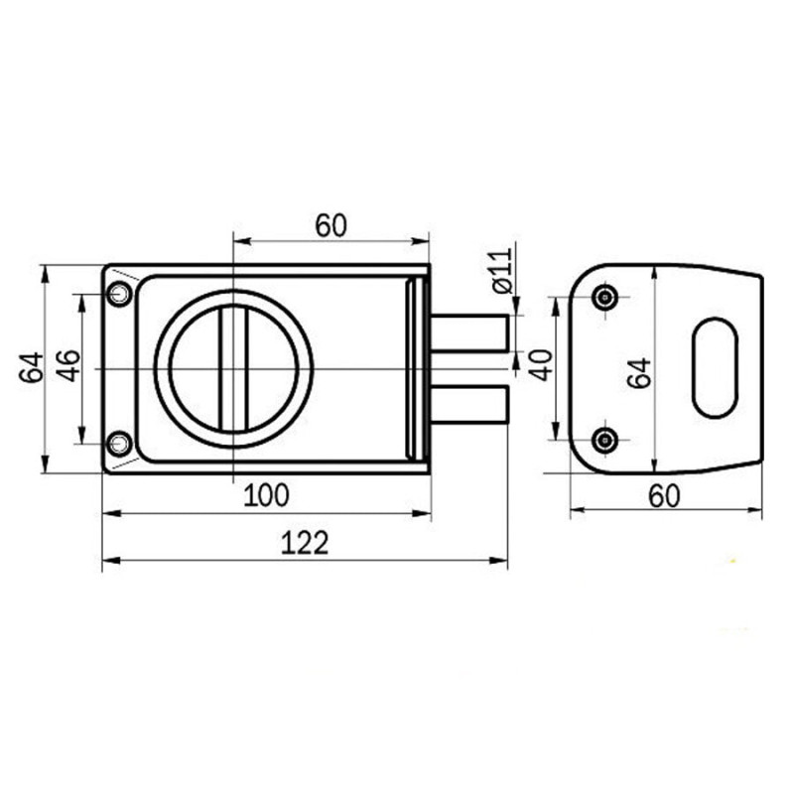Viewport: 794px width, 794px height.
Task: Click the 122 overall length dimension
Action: (x=305, y=542)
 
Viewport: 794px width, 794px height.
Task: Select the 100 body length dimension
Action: (x=266, y=495)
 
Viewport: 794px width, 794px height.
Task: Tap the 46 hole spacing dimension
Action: (x=68, y=365)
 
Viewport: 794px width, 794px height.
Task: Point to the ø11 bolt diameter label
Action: (x=503, y=271)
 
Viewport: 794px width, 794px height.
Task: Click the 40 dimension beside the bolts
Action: (x=542, y=364)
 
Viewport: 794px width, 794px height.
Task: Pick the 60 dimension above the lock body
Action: (x=331, y=225)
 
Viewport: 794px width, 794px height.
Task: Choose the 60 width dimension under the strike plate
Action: (x=664, y=496)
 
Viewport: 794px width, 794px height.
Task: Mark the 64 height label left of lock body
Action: (x=32, y=367)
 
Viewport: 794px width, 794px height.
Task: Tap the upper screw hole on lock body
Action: (x=119, y=293)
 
